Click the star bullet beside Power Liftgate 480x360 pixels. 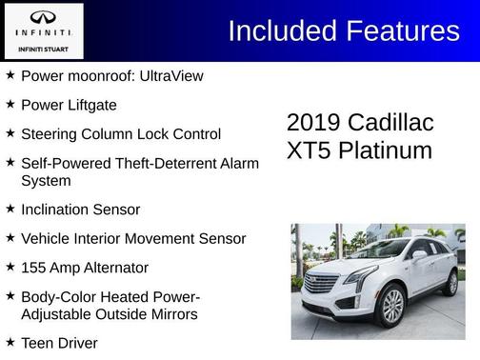tap(10, 104)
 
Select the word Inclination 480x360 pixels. tap(56, 210)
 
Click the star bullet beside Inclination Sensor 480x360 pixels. tap(10, 209)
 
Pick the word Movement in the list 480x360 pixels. tap(166, 239)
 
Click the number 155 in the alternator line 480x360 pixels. tap(34, 269)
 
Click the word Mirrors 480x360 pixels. tap(170, 314)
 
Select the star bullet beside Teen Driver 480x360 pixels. tap(10, 342)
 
